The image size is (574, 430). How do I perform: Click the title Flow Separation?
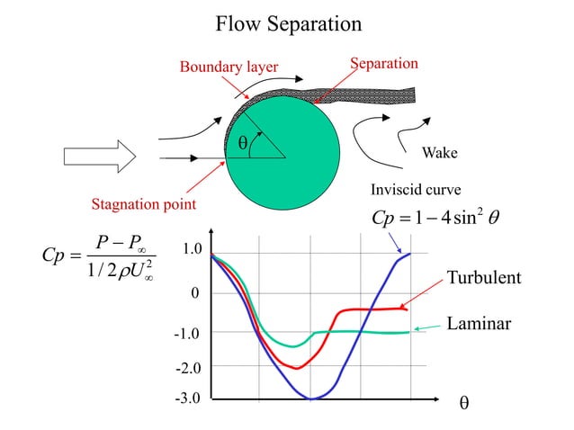(x=288, y=23)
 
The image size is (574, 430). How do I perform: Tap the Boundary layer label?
(x=229, y=67)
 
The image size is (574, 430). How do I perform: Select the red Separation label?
(x=384, y=64)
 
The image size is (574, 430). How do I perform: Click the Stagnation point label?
(x=144, y=204)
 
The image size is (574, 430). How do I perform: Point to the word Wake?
(x=440, y=153)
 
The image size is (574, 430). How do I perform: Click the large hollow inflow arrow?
(x=100, y=157)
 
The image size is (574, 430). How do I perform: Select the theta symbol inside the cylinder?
(x=242, y=144)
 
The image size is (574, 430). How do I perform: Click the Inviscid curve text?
(x=416, y=190)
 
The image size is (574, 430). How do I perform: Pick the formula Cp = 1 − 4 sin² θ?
(x=429, y=219)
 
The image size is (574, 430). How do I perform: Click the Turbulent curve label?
(x=483, y=278)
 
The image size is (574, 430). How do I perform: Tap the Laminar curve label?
(x=479, y=322)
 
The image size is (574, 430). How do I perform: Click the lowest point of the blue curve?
(x=310, y=399)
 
